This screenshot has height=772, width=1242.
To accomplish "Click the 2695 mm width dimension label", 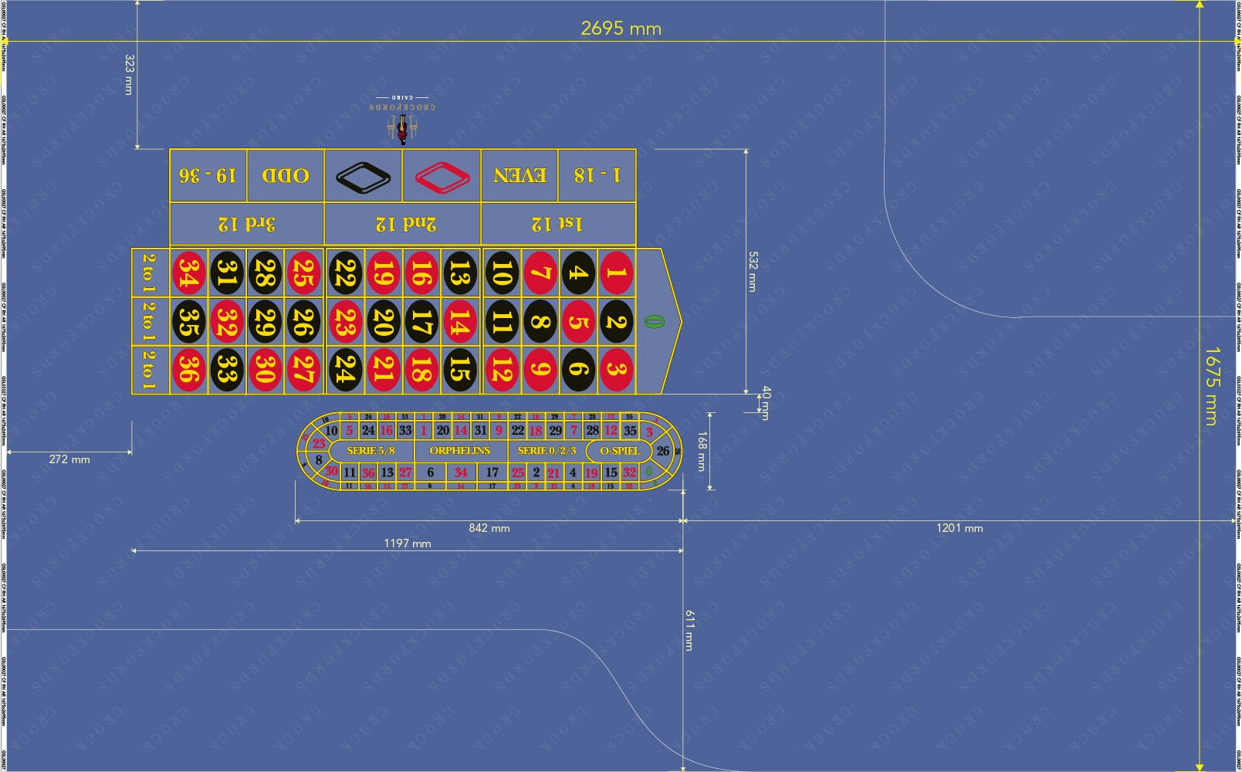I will point(621,29).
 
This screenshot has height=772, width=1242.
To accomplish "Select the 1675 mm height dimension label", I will point(1211,386).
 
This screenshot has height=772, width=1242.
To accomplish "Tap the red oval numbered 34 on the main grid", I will point(188,273).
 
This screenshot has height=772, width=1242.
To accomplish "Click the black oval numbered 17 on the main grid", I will point(420,321).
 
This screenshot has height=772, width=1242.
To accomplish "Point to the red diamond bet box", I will point(442,176).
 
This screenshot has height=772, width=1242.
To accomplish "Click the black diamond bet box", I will point(363,176).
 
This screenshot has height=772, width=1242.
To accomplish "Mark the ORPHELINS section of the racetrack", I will point(460,451).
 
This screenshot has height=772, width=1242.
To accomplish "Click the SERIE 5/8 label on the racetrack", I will point(371,451).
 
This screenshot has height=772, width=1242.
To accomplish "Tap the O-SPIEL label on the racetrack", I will point(620,451).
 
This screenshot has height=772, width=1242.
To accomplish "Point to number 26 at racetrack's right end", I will point(663,451).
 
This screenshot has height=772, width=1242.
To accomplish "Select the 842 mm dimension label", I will point(489,529).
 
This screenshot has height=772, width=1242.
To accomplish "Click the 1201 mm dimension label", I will point(959,529).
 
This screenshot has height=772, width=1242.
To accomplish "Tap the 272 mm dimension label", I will point(69,459).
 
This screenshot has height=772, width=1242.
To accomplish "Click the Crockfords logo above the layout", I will point(402,120).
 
